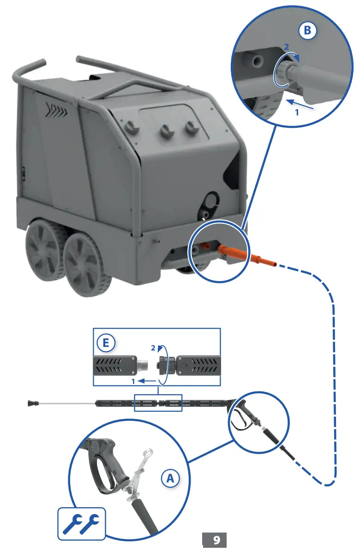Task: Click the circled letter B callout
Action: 307,31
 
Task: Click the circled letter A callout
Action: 170,479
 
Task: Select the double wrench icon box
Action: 81,524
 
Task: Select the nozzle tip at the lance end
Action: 32,403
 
